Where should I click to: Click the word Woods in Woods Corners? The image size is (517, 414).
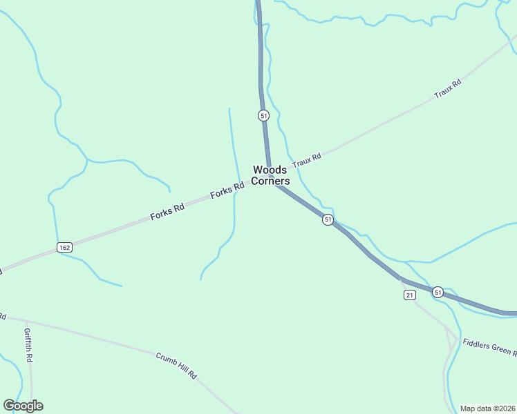pyautogui.click(x=270, y=170)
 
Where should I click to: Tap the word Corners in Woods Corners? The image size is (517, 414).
pyautogui.click(x=270, y=181)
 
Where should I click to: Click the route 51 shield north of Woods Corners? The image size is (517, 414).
pyautogui.click(x=263, y=116)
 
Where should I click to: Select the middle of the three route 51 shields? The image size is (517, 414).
pyautogui.click(x=328, y=219)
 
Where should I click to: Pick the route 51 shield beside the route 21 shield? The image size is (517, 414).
pyautogui.click(x=438, y=293)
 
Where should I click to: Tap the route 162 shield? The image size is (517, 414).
pyautogui.click(x=64, y=247)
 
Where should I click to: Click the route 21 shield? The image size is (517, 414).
pyautogui.click(x=410, y=295)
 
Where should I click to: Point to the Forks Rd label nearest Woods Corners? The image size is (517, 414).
pyautogui.click(x=228, y=190)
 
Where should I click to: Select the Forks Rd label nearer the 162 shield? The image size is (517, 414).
pyautogui.click(x=167, y=212)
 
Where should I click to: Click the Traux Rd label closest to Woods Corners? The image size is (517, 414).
pyautogui.click(x=307, y=161)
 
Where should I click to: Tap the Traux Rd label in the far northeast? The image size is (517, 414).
pyautogui.click(x=447, y=89)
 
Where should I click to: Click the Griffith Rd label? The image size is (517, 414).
pyautogui.click(x=28, y=345)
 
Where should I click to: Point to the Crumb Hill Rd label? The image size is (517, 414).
pyautogui.click(x=176, y=366)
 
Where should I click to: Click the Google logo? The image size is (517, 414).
pyautogui.click(x=23, y=406)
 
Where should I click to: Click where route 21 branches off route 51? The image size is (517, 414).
pyautogui.click(x=401, y=279)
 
